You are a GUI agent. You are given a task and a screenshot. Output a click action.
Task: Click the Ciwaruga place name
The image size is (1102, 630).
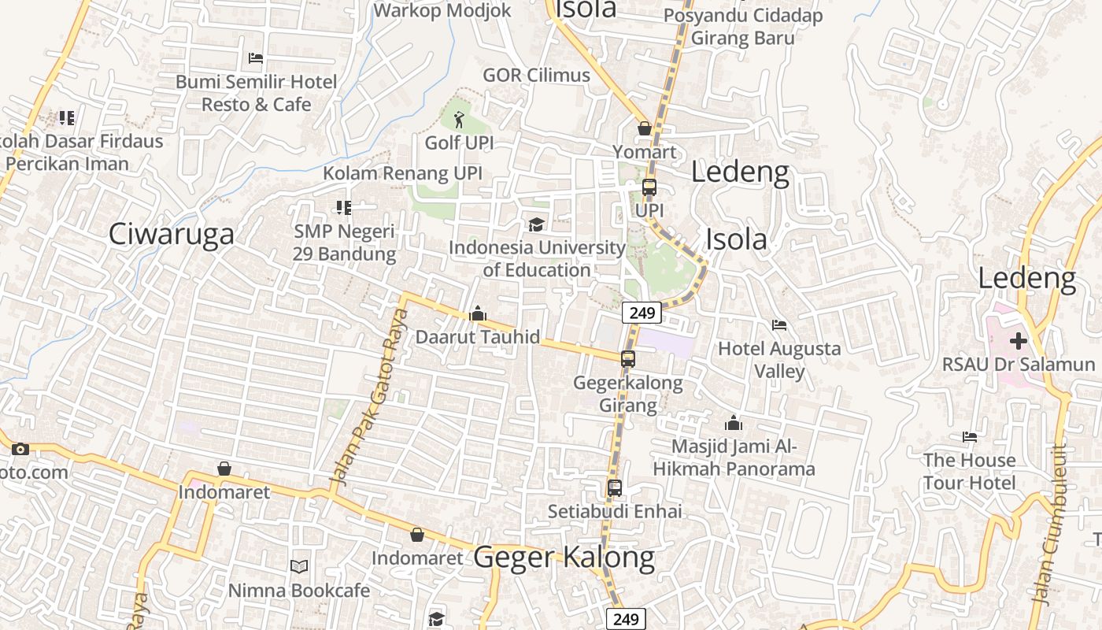[x=171, y=234]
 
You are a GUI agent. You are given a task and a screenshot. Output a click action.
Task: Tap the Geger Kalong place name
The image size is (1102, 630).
[x=564, y=557]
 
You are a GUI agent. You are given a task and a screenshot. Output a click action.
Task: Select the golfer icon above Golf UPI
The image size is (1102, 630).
[x=459, y=120]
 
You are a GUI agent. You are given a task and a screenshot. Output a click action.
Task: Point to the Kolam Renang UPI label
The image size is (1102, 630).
[x=402, y=173]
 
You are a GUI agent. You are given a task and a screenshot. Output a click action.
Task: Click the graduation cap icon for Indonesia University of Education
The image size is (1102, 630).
[x=536, y=225]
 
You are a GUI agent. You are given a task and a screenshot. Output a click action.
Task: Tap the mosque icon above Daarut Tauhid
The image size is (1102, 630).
[x=478, y=314]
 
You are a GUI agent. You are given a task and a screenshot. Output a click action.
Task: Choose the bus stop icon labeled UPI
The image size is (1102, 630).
[x=649, y=187]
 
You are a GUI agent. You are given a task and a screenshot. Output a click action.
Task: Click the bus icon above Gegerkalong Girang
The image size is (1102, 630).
[x=628, y=359]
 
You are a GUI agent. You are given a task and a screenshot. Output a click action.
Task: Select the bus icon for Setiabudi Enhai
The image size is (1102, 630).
[x=615, y=488]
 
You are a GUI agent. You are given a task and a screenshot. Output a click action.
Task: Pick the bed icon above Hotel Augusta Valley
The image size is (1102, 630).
[x=779, y=324]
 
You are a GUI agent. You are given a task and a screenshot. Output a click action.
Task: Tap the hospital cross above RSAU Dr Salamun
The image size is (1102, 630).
[x=1019, y=341]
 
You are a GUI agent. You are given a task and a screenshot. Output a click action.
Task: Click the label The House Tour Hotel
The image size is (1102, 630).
[x=970, y=471]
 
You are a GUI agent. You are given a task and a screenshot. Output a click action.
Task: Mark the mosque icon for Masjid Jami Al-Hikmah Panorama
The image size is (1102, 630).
[x=734, y=423]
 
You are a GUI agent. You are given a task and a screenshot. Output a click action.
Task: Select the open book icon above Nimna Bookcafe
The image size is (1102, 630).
[x=299, y=566]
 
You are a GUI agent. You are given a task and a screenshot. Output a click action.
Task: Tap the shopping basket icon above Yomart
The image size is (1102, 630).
[x=645, y=128]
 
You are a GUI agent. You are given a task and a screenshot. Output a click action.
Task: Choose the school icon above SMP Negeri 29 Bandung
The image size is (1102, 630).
[x=344, y=208]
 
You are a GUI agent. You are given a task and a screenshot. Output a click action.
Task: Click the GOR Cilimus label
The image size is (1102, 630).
[x=536, y=75]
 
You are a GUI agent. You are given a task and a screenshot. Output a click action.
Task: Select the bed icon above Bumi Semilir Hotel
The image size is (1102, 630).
[x=256, y=58]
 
